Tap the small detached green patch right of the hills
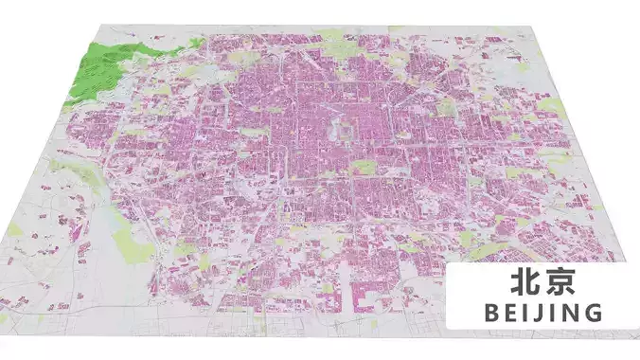click(x=197, y=42)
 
